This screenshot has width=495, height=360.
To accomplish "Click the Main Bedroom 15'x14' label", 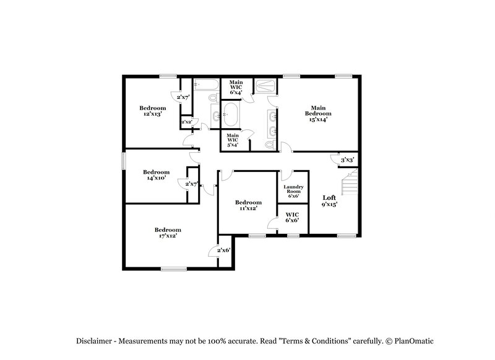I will [318, 113].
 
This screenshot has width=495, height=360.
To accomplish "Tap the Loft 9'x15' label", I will [329, 201].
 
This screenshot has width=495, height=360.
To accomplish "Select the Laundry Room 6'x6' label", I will [292, 191].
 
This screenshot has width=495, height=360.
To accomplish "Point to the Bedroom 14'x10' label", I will [156, 175].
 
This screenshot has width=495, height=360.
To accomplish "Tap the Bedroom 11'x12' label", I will [247, 205].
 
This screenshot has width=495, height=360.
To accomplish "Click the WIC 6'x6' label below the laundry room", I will [292, 218].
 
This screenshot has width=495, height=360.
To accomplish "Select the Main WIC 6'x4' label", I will [236, 87].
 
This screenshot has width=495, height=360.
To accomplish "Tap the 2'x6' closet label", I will [223, 250].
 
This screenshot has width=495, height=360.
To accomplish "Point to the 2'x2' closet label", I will [186, 122].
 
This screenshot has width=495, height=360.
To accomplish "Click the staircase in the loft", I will [350, 184].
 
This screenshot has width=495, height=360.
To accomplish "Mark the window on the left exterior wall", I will [123, 160].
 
